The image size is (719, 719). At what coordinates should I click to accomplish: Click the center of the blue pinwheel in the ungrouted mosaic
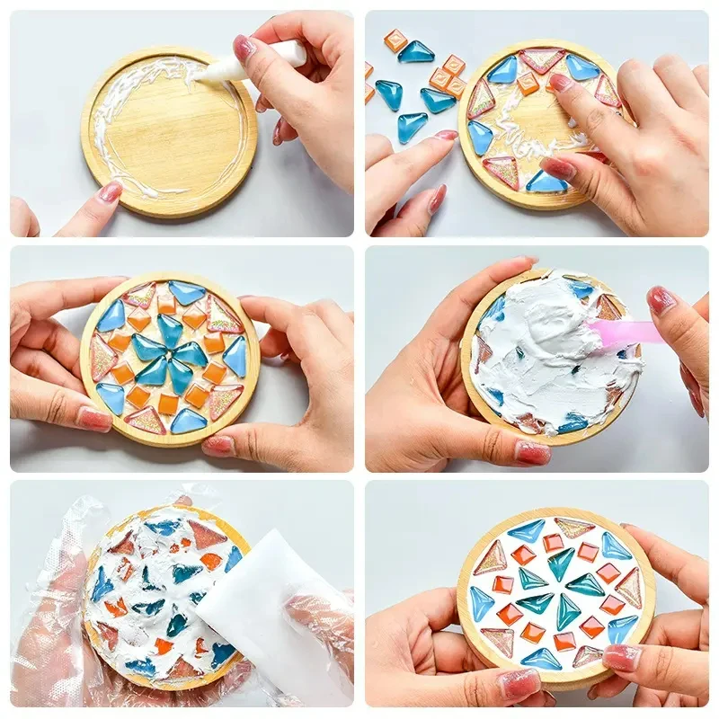click(171, 355)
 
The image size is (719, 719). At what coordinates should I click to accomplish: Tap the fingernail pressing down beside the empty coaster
click(110, 191)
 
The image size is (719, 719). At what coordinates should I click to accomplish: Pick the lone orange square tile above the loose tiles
click(395, 40)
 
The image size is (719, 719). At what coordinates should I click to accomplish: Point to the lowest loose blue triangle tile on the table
click(412, 128)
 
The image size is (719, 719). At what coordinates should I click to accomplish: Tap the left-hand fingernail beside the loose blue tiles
click(446, 136)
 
